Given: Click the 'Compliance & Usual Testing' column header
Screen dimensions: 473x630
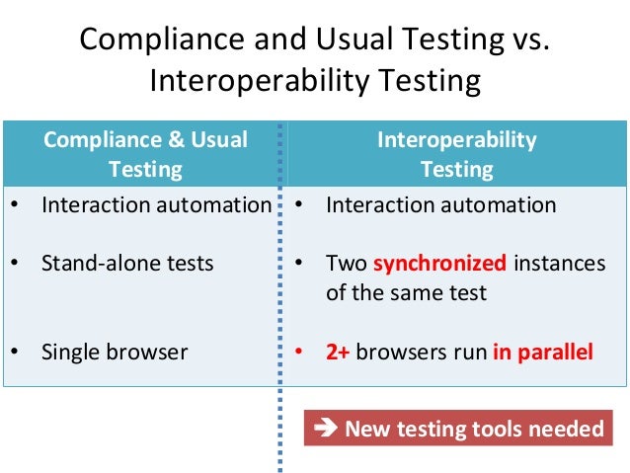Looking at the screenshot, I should pos(145,154).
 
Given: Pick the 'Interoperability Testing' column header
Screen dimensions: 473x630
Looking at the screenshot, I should pos(456,154).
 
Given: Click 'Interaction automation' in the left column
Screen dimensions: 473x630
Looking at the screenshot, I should pos(156,205).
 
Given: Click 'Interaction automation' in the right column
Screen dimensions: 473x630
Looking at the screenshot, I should pos(440,205).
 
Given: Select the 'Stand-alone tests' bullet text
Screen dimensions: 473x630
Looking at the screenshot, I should pos(127,264).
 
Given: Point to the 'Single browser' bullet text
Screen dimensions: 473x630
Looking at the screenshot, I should pos(114,352).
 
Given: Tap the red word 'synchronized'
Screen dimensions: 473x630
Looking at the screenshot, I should pos(439,264).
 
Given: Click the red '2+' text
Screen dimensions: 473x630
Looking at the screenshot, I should pos(338,352).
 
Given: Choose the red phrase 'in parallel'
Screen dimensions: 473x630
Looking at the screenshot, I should pos(543,352).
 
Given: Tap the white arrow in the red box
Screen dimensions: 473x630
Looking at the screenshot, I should pos(324,429).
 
